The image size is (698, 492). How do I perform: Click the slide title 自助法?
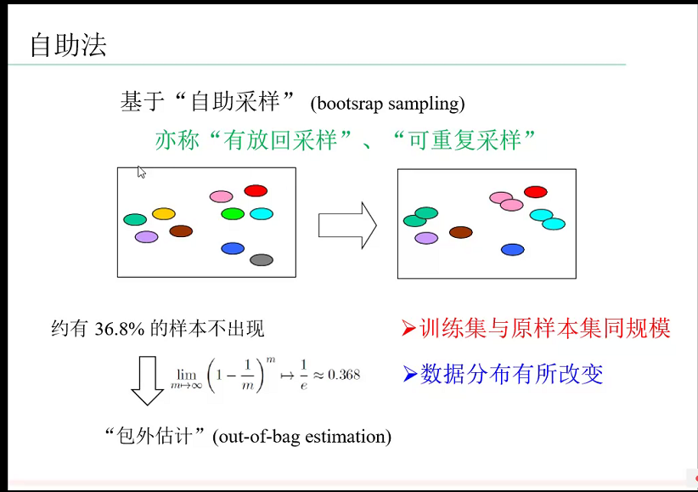coord(68,45)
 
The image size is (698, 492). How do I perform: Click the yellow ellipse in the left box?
coord(163,214)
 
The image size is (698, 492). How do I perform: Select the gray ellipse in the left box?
coord(261,260)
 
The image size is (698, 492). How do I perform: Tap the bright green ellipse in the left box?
coord(233,214)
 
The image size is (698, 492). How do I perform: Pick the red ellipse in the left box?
coord(256,191)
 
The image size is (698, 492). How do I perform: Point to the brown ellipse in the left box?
coord(181,231)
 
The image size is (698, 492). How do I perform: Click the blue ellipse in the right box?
coord(512,250)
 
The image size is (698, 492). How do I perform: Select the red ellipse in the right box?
coord(535,192)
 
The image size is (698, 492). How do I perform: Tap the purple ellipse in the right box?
coord(426,238)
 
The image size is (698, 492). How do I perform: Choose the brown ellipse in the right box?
coord(460,232)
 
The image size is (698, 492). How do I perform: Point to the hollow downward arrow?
coord(147,381)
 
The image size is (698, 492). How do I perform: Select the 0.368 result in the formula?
coord(344,375)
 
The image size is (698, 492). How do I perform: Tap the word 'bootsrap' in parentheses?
coord(348,105)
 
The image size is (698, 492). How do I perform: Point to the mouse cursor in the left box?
coord(140,171)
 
